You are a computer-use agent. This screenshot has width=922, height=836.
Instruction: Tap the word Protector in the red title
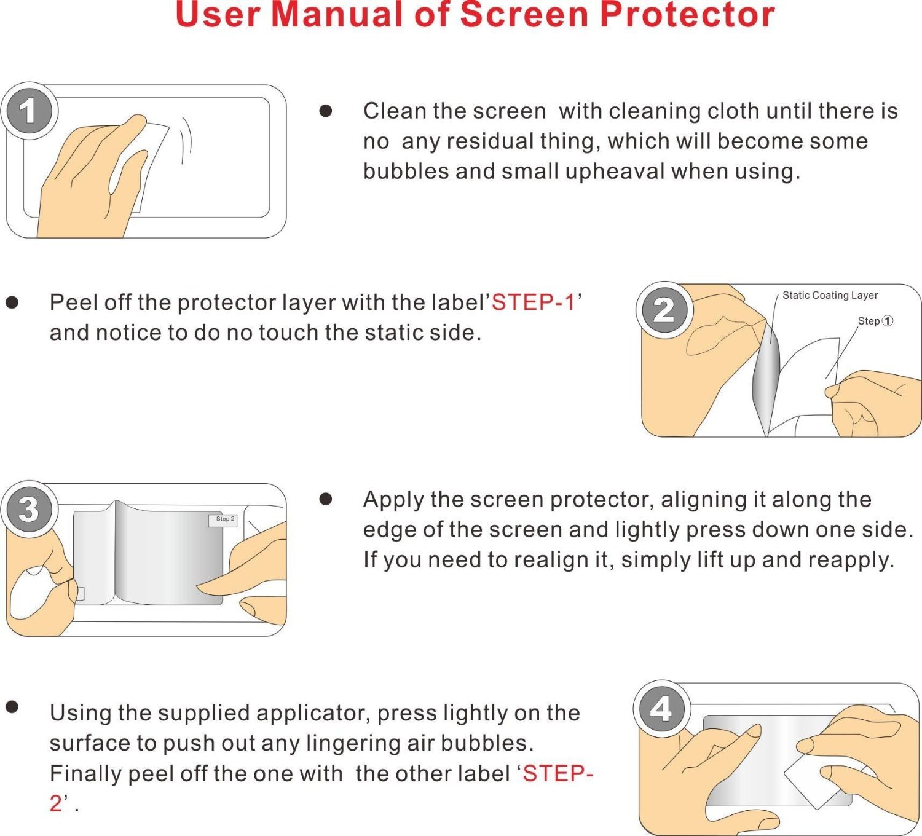(687, 15)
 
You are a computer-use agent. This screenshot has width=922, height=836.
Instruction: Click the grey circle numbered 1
(29, 111)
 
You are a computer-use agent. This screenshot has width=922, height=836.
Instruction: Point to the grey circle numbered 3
(29, 510)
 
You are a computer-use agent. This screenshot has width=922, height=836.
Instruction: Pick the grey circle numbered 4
(661, 709)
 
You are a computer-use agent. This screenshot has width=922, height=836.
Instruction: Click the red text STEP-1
(533, 302)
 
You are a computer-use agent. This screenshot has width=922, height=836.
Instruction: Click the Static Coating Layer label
(830, 296)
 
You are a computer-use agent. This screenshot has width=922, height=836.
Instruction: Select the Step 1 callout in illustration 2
(875, 321)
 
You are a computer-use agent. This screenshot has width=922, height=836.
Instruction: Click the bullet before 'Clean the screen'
(325, 111)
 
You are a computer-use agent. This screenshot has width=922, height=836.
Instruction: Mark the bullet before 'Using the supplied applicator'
(12, 707)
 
